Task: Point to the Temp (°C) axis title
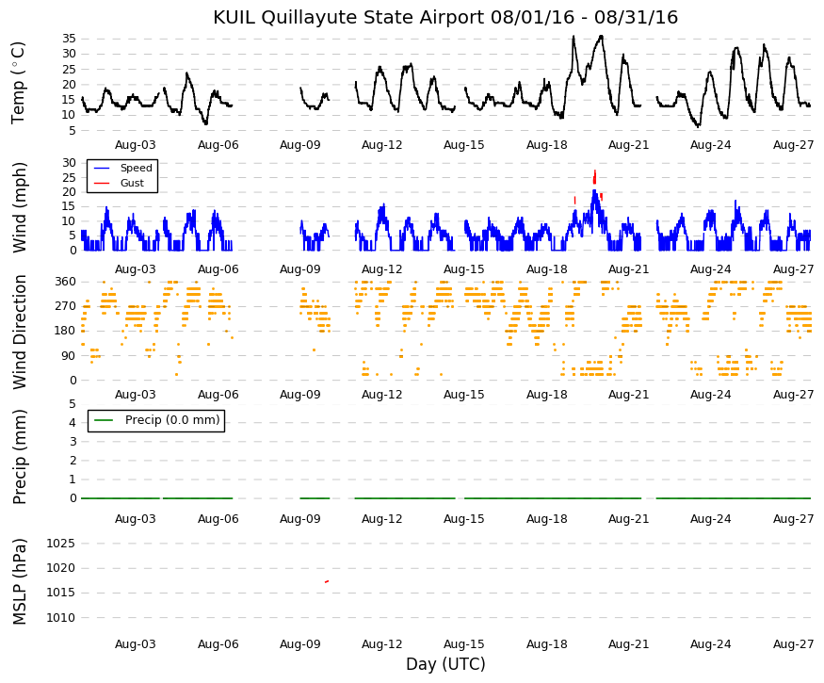[18, 83]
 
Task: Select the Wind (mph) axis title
[19, 207]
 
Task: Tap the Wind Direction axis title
[19, 332]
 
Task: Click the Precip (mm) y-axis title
[19, 456]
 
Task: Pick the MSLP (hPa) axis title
[19, 581]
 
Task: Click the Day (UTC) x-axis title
[445, 664]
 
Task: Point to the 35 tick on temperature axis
[69, 39]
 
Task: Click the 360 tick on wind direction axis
[66, 282]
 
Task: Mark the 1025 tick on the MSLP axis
[60, 544]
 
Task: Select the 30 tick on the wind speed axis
[69, 162]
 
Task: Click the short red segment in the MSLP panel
[327, 581]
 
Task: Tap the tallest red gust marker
[594, 177]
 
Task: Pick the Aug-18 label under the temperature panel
[547, 145]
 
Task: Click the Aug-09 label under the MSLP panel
[300, 644]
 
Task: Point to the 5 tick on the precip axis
[73, 404]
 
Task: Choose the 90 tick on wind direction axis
[69, 355]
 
